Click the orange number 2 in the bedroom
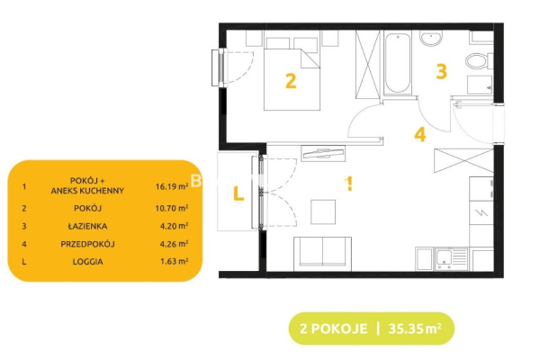[291, 81]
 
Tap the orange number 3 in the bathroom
[441, 71]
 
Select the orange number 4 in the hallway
[420, 135]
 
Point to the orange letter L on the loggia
[238, 193]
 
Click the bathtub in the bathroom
[398, 63]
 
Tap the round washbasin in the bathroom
[431, 38]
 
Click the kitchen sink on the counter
[451, 259]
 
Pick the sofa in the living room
[322, 254]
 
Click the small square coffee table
[323, 212]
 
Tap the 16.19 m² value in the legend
[172, 186]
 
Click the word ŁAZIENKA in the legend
[87, 226]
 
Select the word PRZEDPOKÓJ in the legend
[87, 244]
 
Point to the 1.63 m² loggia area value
[174, 261]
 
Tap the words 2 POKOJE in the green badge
[333, 328]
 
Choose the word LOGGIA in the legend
[88, 262]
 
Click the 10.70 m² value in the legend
[172, 208]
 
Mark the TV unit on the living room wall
[323, 153]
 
